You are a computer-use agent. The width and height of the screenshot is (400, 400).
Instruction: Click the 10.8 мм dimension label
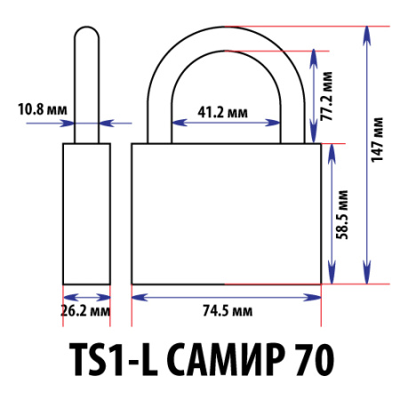tap(42, 110)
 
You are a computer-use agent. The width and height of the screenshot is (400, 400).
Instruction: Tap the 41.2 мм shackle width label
tap(222, 112)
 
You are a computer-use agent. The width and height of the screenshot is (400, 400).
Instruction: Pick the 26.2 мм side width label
tap(86, 311)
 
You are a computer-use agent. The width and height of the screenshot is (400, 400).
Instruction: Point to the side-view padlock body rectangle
tap(86, 213)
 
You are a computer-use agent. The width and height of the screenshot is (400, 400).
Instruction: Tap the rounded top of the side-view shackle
tap(85, 32)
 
